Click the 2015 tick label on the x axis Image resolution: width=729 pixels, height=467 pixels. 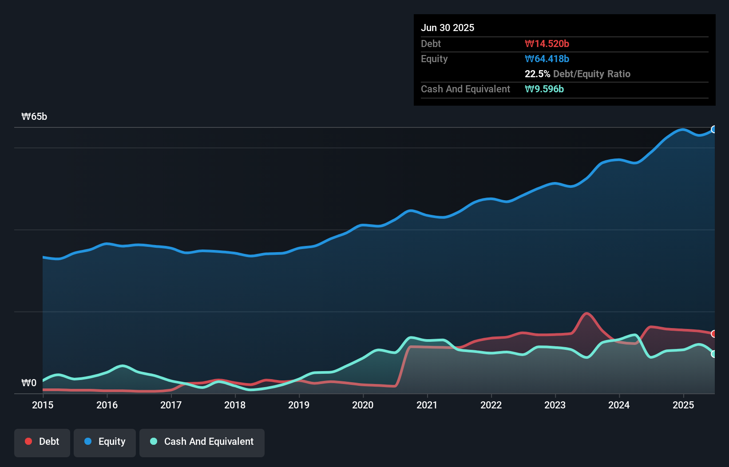[x=43, y=405]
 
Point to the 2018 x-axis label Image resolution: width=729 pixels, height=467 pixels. [x=235, y=405]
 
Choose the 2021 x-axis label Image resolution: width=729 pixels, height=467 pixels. [x=427, y=405]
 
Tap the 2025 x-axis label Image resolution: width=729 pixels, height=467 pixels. [x=683, y=405]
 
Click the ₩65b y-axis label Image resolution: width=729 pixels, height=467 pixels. [x=34, y=117]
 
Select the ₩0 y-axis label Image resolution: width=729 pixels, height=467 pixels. [x=29, y=383]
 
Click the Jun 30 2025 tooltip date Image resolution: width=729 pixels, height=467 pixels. [x=448, y=28]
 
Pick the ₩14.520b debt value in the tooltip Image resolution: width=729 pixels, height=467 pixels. [x=547, y=44]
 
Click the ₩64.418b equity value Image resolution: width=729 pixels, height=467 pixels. [x=547, y=59]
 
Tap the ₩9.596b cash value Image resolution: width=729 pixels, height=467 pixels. [x=544, y=89]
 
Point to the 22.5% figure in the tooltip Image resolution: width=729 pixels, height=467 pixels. [x=537, y=74]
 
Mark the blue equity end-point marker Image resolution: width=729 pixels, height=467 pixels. [x=714, y=130]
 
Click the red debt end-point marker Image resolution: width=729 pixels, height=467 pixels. [x=714, y=334]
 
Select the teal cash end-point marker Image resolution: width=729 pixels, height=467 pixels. [x=714, y=354]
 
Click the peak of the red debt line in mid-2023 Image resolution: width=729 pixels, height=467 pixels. [x=587, y=314]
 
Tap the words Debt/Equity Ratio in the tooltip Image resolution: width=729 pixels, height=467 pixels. [x=591, y=74]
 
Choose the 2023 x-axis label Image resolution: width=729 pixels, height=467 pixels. [x=555, y=405]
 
